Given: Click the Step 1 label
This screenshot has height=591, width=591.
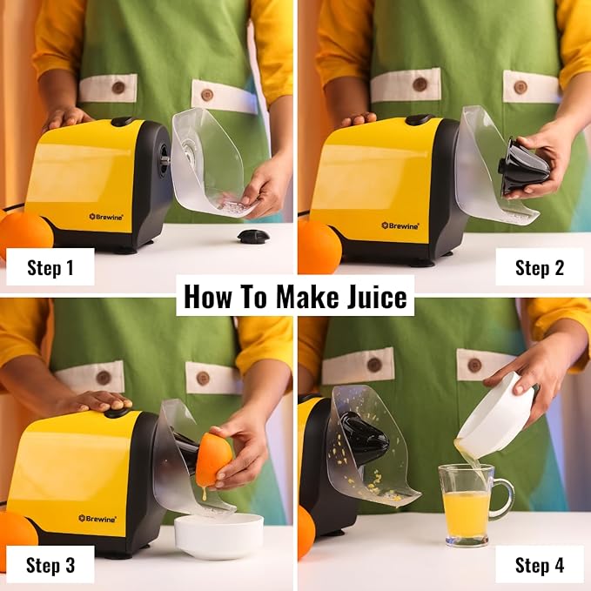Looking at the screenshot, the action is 50,267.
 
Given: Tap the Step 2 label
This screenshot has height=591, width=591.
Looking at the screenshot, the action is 540,268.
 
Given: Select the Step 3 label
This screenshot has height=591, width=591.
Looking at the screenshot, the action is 50,565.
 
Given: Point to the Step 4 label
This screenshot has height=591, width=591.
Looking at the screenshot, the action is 540,566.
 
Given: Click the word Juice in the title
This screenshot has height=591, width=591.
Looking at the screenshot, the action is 377,297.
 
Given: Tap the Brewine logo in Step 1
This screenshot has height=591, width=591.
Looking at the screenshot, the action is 106,217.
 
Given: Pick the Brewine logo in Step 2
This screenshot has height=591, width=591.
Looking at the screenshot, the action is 400,225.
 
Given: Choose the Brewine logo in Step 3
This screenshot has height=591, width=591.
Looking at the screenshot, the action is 97,519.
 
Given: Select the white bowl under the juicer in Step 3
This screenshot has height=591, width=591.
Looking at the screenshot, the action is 218,535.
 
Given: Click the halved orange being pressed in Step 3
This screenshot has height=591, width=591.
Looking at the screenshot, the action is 213,459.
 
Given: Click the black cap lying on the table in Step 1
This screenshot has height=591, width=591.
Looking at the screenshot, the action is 253,237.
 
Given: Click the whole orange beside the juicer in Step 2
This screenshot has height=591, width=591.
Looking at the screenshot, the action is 319,245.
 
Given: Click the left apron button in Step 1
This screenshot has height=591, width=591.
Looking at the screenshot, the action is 118,87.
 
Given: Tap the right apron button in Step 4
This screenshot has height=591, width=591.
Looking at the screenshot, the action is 474,365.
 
